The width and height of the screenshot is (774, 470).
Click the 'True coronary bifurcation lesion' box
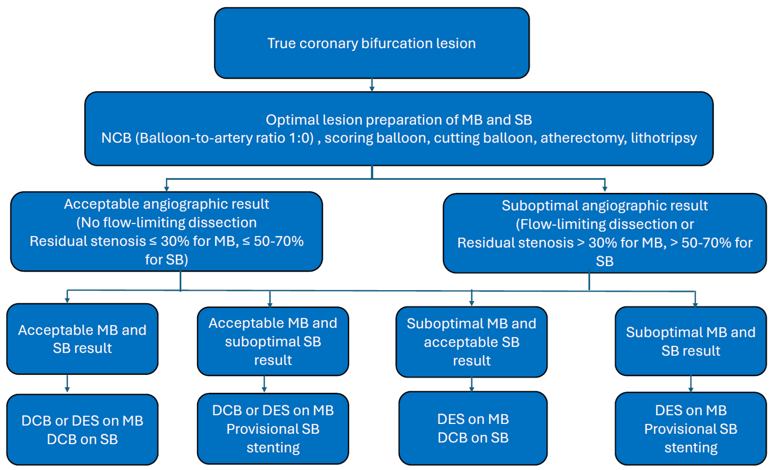pyautogui.click(x=371, y=43)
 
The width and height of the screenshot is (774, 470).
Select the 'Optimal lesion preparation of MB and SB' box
pyautogui.click(x=398, y=129)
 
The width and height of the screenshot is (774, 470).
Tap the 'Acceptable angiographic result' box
pyautogui.click(x=166, y=231)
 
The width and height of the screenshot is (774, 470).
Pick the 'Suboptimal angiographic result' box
pyautogui.click(x=604, y=233)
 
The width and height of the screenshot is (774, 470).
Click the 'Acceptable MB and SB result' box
pyautogui.click(x=82, y=339)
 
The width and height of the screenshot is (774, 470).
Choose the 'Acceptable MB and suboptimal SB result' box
pyautogui.click(x=273, y=341)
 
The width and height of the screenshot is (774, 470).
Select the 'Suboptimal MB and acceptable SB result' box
pyautogui.click(x=471, y=342)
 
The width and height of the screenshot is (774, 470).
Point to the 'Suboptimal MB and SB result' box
pyautogui.click(x=690, y=341)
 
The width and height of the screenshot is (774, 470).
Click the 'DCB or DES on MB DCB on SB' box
pyautogui.click(x=82, y=429)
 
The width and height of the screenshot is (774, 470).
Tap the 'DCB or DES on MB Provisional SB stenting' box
pyautogui.click(x=273, y=428)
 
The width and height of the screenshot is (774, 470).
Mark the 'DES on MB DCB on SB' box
pyautogui.click(x=473, y=428)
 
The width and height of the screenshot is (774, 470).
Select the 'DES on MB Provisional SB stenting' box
pyautogui.click(x=690, y=428)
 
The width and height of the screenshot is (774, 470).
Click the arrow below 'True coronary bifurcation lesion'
pyautogui.click(x=372, y=85)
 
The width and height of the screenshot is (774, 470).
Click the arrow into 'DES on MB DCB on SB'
pyautogui.click(x=472, y=385)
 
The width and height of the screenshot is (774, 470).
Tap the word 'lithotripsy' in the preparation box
pyautogui.click(x=663, y=138)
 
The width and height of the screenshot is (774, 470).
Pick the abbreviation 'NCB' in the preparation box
pyautogui.click(x=116, y=138)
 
